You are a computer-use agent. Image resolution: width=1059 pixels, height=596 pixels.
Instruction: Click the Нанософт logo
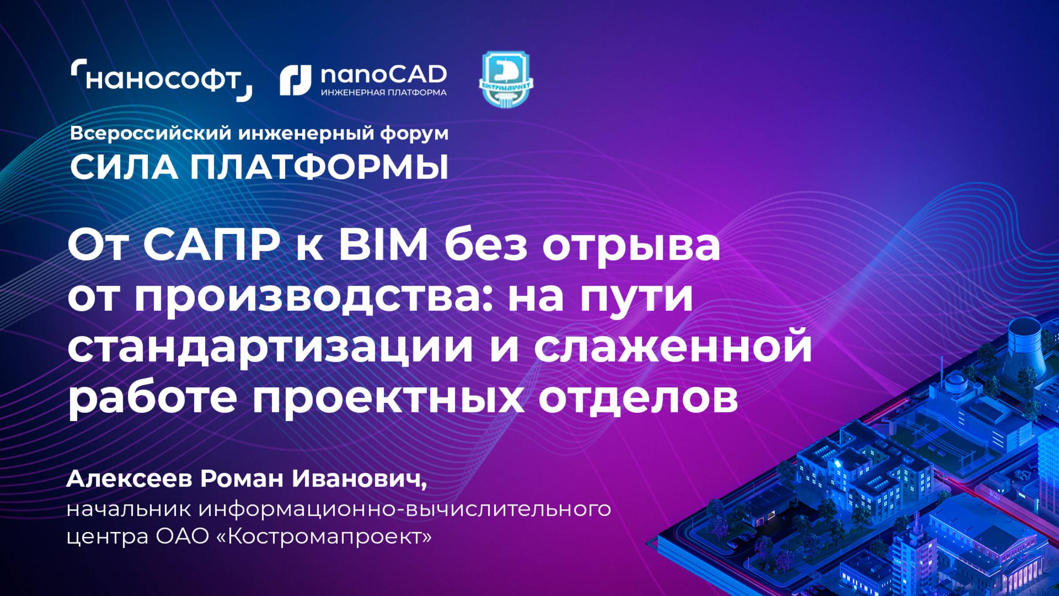(161, 80)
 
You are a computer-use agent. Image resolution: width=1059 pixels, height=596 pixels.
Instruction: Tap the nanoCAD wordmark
(383, 75)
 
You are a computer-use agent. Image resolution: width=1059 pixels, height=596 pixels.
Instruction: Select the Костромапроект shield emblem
(506, 79)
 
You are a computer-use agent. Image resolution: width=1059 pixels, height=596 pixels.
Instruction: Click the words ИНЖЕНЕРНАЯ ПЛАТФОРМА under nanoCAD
(383, 93)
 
